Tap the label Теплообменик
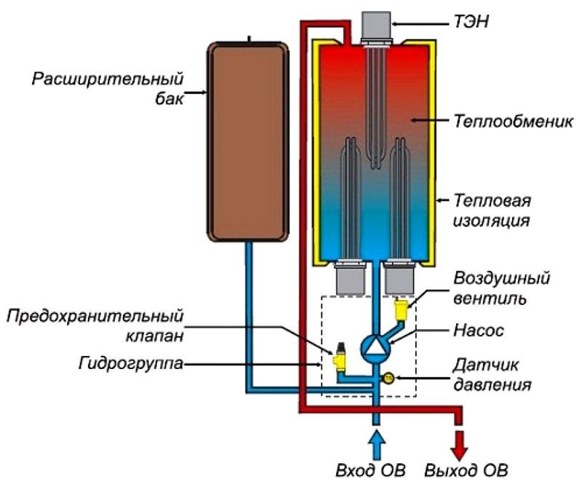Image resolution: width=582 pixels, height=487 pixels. [x=504, y=119]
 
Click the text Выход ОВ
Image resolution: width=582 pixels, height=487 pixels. [x=466, y=467]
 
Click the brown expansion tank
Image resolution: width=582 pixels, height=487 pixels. [x=248, y=142]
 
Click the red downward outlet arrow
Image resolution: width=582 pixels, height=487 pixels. [x=459, y=440]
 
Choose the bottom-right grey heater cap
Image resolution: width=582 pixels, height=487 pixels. [x=399, y=280]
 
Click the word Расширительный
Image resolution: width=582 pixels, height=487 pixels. [x=107, y=78]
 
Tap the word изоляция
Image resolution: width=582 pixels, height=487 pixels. [x=488, y=218]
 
